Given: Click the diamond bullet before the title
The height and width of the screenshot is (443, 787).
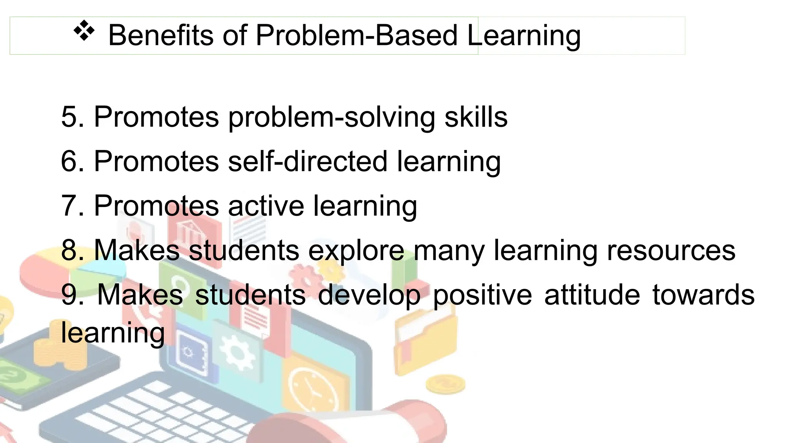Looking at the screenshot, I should pos(84,32).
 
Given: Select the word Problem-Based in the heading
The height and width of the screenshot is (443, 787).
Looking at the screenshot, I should pos(356,35).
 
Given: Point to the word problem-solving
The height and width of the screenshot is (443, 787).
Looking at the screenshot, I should pos(331,118).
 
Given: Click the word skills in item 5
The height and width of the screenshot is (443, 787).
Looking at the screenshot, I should pos(476,117).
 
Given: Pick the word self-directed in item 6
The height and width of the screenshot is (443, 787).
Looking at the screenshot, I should pos(307,162).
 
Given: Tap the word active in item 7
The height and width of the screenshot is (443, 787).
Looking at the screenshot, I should pos(266,206).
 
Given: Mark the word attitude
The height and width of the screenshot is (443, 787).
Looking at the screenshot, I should pos(592,295).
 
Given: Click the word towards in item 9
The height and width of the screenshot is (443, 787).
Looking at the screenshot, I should pos(703,295).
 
